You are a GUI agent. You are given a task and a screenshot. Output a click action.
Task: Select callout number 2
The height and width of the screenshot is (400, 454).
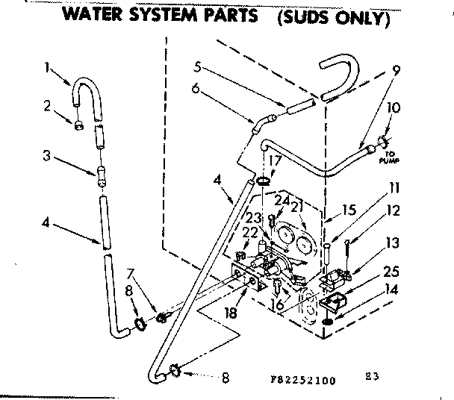pos(47,106)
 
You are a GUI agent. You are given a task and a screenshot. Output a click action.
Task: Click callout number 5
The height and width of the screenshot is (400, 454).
pos(196,65)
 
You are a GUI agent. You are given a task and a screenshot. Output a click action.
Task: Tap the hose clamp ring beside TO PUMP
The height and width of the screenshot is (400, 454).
pos(381,140)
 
